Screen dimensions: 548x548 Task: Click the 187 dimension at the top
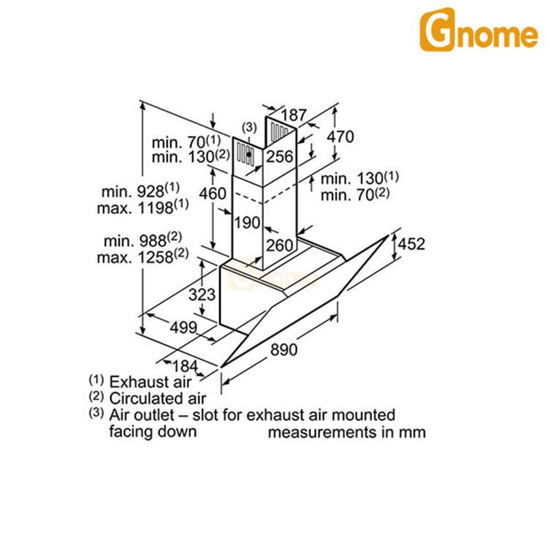coord(293,115)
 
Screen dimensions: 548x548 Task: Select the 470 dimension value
coord(340,137)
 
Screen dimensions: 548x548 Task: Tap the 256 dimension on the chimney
coord(278,156)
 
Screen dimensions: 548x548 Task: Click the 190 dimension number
coord(248,222)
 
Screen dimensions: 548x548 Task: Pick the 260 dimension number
coord(278,245)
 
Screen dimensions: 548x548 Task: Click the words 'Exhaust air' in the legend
coord(150,381)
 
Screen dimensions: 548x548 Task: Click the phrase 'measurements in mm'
coord(346,432)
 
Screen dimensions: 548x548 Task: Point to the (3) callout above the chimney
coord(249,128)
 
